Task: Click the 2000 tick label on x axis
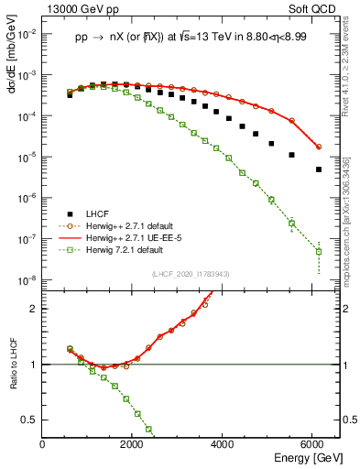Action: pyautogui.click(x=133, y=443)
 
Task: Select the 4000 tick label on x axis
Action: pyautogui.click(x=224, y=443)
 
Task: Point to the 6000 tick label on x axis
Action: pyautogui.click(x=315, y=443)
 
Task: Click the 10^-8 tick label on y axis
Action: pyautogui.click(x=26, y=280)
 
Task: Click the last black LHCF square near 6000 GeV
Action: pyautogui.click(x=318, y=169)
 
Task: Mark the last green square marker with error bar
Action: pyautogui.click(x=318, y=251)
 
